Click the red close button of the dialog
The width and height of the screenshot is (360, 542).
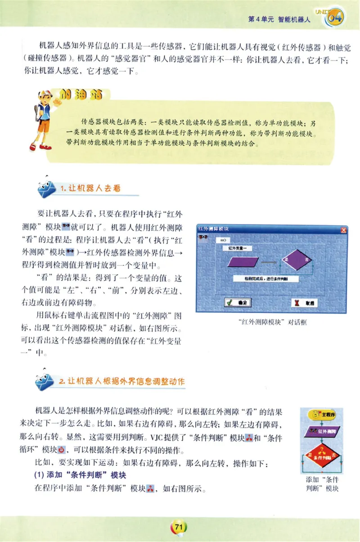click(344, 230)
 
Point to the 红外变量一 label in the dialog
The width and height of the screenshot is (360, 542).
click(240, 247)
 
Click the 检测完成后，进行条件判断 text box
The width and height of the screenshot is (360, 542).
click(267, 279)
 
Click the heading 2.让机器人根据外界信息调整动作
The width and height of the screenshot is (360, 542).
click(121, 381)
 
